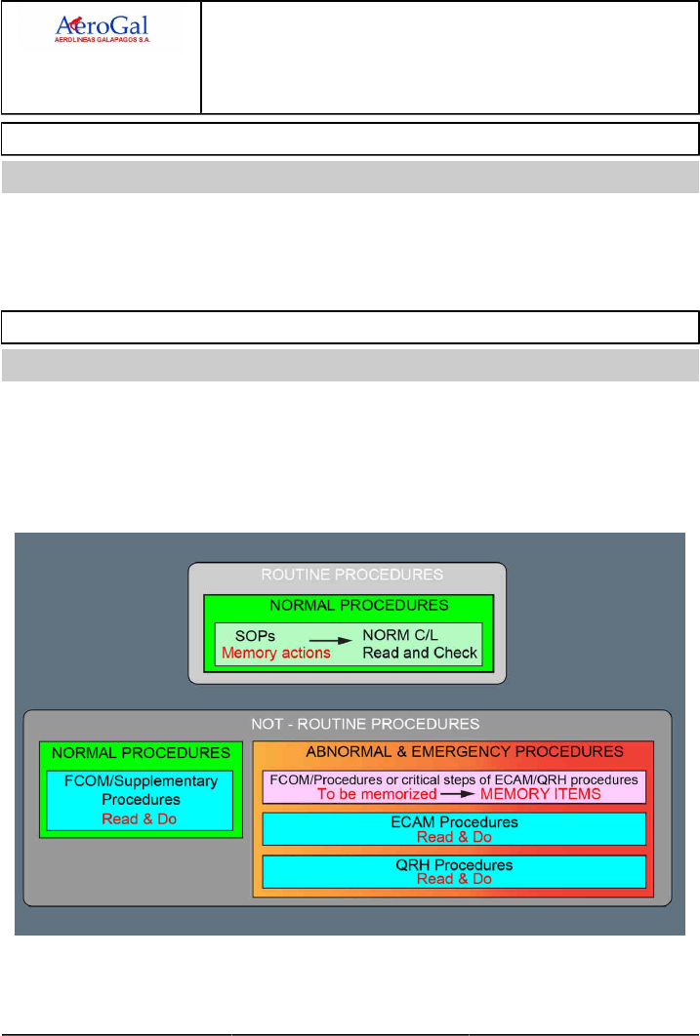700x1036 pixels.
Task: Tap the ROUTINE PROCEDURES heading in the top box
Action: tap(348, 576)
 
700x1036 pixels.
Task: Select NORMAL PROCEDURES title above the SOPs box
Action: tap(348, 605)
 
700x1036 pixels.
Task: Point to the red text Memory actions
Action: tap(276, 652)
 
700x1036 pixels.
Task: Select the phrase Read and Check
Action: tap(420, 652)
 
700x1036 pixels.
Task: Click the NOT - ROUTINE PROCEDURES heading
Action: tap(348, 724)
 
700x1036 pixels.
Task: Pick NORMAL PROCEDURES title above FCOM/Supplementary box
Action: tap(141, 753)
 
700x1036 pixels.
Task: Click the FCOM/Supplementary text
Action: tap(141, 782)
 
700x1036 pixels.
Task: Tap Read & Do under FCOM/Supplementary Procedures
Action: tap(141, 818)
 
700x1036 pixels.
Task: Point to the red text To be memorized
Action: tap(378, 794)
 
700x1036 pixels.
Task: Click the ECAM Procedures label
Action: tap(454, 822)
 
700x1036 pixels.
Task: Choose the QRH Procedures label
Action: tap(454, 865)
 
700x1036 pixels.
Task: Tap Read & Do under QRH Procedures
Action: tap(454, 879)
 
